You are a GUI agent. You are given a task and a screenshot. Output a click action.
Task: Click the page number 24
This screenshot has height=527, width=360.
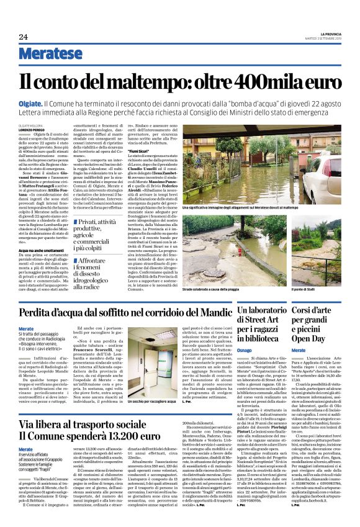(23, 37)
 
